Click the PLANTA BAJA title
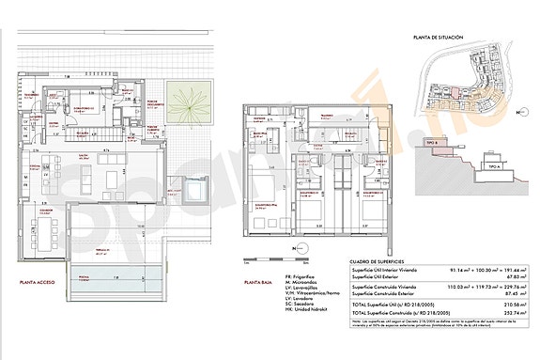(x=257, y=281)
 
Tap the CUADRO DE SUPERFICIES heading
(x=376, y=260)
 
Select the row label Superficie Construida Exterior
(x=388, y=293)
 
